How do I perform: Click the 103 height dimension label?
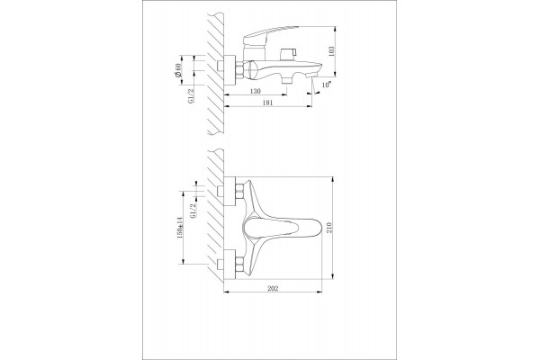tap(331, 51)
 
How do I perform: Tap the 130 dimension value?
tap(256, 91)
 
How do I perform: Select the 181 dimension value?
tap(267, 103)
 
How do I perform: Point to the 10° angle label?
tap(327, 85)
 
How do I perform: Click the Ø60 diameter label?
tap(178, 70)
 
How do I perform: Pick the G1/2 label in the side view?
tap(192, 95)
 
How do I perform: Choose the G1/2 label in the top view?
tap(193, 210)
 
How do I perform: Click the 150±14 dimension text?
tap(179, 228)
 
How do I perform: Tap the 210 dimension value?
tap(329, 228)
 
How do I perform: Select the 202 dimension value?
tap(273, 289)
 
